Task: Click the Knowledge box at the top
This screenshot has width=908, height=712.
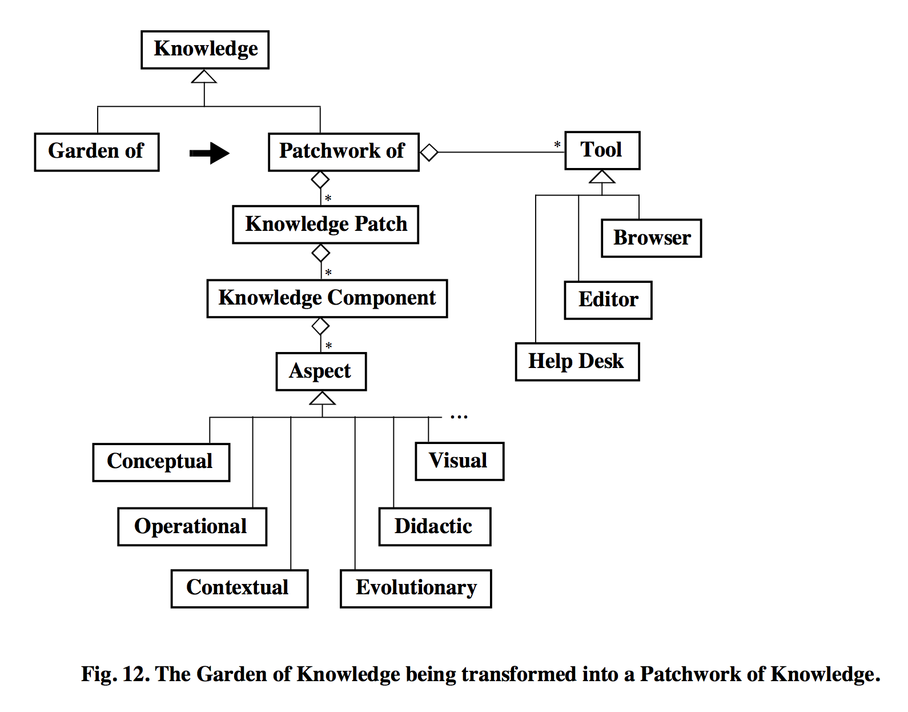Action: (x=205, y=50)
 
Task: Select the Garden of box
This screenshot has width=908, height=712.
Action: (x=97, y=152)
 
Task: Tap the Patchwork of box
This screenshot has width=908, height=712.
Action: (x=343, y=152)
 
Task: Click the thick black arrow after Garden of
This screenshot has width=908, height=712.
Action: (x=210, y=153)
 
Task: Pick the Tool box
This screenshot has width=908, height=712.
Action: (x=602, y=150)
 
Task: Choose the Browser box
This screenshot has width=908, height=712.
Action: (x=651, y=238)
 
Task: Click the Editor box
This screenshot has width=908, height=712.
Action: (x=608, y=300)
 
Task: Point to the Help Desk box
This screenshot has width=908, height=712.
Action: (x=577, y=362)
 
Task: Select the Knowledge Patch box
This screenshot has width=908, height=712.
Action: (x=326, y=225)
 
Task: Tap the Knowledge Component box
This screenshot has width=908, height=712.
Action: (x=327, y=298)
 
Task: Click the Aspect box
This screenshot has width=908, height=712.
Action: (x=321, y=371)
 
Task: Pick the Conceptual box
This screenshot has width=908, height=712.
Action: (x=161, y=462)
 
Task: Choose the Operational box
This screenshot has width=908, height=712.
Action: (x=192, y=527)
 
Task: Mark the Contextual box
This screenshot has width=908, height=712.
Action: (x=239, y=589)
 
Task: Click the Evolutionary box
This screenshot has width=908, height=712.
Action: (x=416, y=589)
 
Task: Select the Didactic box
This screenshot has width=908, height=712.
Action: (x=435, y=527)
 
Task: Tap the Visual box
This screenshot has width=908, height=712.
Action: (x=459, y=461)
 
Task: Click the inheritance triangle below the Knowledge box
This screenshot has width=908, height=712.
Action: (x=204, y=77)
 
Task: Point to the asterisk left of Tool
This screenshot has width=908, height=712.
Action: (x=557, y=145)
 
